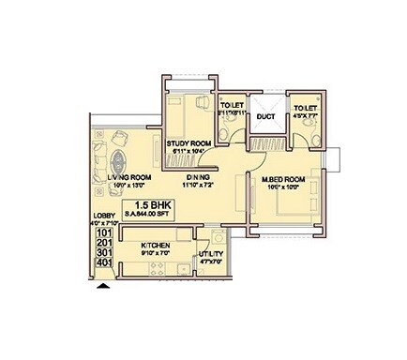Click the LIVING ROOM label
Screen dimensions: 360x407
tap(130, 176)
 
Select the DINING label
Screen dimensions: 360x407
tap(197, 176)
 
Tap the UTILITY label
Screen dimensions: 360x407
tap(210, 254)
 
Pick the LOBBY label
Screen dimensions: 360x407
tap(103, 215)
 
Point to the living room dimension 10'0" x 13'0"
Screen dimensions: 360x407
tap(130, 186)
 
